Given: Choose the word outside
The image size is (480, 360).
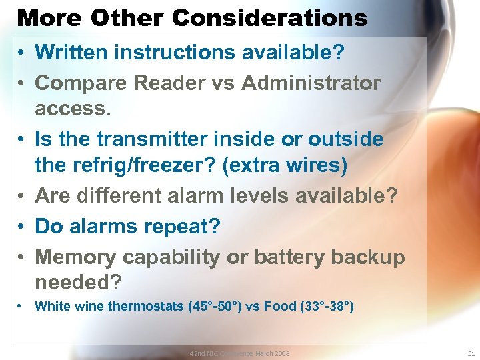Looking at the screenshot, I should pyautogui.click(x=345, y=139).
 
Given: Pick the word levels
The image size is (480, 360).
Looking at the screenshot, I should pyautogui.click(x=272, y=195).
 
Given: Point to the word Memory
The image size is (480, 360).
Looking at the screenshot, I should pyautogui.click(x=75, y=257).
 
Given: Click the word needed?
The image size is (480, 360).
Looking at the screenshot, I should pyautogui.click(x=78, y=283).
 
